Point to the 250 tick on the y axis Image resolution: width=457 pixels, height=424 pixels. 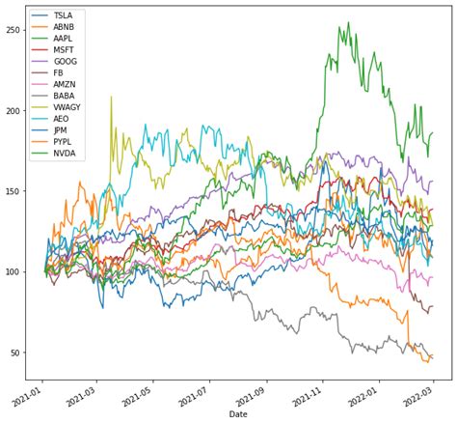pyautogui.click(x=14, y=30)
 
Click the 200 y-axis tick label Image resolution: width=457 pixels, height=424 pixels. pyautogui.click(x=14, y=111)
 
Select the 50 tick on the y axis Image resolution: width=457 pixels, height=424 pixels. pyautogui.click(x=17, y=353)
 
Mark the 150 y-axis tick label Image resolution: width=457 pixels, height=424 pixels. pyautogui.click(x=14, y=191)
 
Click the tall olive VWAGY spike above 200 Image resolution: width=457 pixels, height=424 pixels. pyautogui.click(x=111, y=97)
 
